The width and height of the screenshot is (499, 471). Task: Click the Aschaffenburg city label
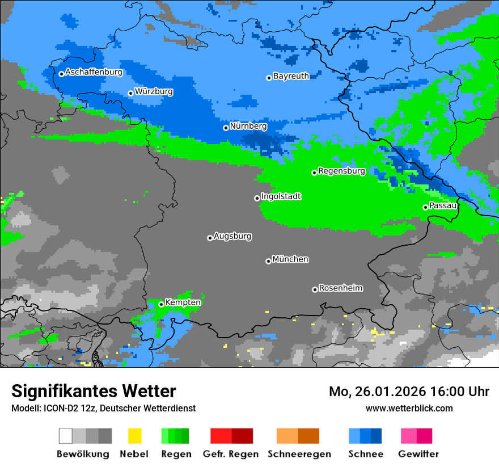(94, 72)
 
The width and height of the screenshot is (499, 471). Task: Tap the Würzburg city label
(154, 91)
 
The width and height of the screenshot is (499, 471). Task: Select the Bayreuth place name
(291, 76)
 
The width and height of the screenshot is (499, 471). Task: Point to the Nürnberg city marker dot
(226, 128)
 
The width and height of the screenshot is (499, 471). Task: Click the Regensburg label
(341, 171)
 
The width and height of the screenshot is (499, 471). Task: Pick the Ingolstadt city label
(281, 196)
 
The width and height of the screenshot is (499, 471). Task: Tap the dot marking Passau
(425, 207)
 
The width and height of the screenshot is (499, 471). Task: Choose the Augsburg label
(232, 236)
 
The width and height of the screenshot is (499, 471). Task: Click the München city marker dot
(268, 261)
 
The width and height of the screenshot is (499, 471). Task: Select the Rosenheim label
(340, 288)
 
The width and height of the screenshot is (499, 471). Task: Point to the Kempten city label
(183, 302)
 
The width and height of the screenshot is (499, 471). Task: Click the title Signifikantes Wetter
(94, 391)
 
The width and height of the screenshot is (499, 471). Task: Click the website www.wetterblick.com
(409, 408)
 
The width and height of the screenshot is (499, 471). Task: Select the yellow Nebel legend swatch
(134, 436)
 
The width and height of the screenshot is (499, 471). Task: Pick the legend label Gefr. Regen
(231, 454)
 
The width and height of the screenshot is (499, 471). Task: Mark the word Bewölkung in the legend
(83, 454)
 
